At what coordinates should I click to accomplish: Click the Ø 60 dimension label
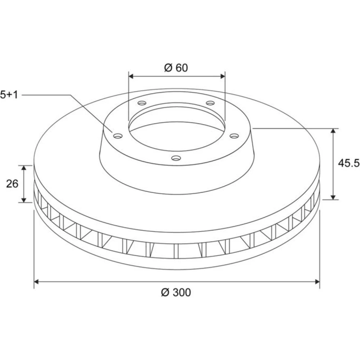[176, 68]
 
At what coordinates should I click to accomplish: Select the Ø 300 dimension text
[176, 292]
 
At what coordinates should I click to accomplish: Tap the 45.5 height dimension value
[348, 163]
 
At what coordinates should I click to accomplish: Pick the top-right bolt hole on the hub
[210, 103]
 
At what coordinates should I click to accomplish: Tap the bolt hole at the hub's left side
[118, 136]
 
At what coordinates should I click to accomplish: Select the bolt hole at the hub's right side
[234, 136]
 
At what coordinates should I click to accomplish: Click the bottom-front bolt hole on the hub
[176, 158]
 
